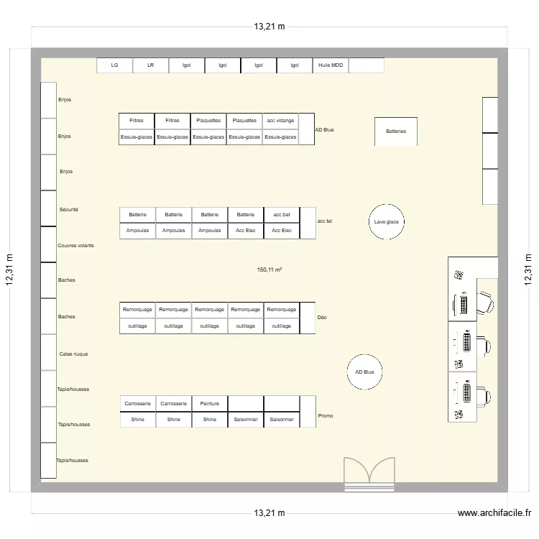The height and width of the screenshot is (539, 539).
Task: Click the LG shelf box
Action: pyautogui.click(x=115, y=65)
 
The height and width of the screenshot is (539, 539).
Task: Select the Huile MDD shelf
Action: pyautogui.click(x=331, y=65)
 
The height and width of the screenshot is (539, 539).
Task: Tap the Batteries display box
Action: pyautogui.click(x=396, y=132)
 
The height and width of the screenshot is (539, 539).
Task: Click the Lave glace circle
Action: pyautogui.click(x=386, y=222)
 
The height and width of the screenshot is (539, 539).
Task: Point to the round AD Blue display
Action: pyautogui.click(x=364, y=372)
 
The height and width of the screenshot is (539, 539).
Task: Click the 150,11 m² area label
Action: pyautogui.click(x=269, y=270)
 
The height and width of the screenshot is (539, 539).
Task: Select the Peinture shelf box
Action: pyautogui.click(x=209, y=404)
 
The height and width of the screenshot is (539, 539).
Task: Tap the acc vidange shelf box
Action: pyautogui.click(x=280, y=121)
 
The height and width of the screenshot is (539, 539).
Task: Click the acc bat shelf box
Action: pyautogui.click(x=282, y=215)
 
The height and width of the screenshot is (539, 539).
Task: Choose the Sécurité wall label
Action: pyautogui.click(x=69, y=210)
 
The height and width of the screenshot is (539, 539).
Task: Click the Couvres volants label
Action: pyautogui.click(x=75, y=245)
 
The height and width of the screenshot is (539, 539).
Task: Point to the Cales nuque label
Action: pyautogui.click(x=74, y=354)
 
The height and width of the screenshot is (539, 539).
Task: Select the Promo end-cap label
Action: pyautogui.click(x=326, y=415)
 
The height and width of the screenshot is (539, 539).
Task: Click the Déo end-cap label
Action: pyautogui.click(x=322, y=317)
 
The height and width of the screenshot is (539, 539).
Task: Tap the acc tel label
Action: pyautogui.click(x=324, y=221)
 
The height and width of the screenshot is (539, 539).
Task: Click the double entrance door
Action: pyautogui.click(x=369, y=474)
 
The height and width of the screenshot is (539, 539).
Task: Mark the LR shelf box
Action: pyautogui.click(x=151, y=65)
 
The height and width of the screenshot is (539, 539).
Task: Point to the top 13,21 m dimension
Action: pyautogui.click(x=269, y=27)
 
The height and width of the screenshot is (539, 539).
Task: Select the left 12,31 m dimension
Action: pyautogui.click(x=10, y=270)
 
